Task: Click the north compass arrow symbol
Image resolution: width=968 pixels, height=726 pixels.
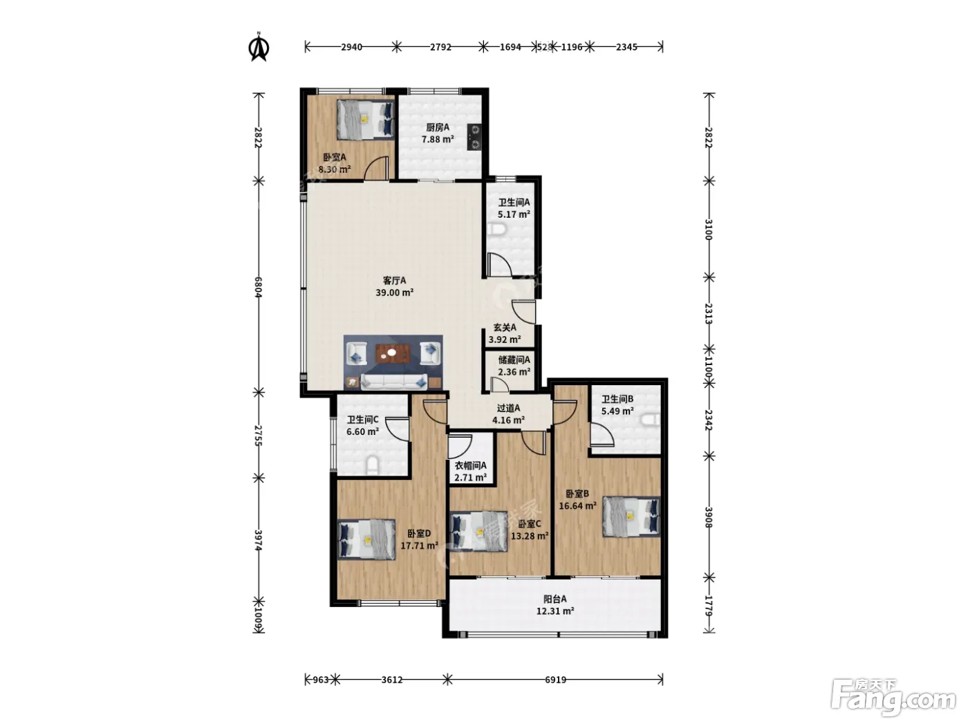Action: [259, 47]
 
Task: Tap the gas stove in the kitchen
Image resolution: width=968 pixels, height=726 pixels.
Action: [474, 137]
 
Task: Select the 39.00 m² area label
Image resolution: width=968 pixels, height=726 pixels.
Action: [394, 292]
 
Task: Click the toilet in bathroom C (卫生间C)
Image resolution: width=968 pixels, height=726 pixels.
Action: [373, 465]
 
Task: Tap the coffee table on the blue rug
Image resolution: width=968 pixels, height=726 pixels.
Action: [393, 353]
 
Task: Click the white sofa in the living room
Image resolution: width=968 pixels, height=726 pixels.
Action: [394, 381]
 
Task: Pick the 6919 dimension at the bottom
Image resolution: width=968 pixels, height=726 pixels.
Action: [555, 680]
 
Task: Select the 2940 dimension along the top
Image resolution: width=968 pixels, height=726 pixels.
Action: [351, 47]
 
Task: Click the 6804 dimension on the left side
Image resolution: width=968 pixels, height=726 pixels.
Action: [259, 287]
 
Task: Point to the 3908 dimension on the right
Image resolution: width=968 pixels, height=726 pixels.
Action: [708, 517]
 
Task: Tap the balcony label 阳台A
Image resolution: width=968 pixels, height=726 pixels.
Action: [555, 599]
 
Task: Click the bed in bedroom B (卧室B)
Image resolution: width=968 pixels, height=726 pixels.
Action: [631, 516]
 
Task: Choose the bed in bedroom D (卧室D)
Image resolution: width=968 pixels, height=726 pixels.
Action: [366, 539]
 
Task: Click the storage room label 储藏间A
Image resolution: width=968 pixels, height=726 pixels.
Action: [514, 360]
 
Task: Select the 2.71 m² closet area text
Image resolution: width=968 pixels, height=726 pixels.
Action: [471, 477]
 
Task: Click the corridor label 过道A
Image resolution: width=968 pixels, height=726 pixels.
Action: [508, 408]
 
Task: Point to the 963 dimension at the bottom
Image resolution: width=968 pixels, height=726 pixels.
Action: [321, 680]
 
